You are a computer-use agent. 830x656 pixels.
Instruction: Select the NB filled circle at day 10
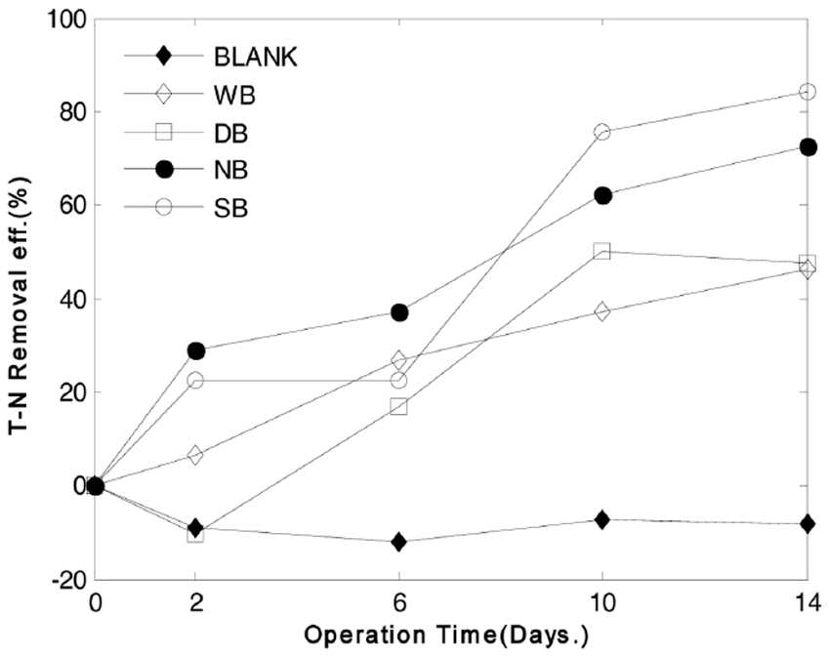602,196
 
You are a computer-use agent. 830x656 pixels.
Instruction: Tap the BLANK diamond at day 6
398,542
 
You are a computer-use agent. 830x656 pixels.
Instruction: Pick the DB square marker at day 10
602,251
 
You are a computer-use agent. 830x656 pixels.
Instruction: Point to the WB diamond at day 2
195,455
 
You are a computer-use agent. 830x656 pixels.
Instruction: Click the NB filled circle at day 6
399,312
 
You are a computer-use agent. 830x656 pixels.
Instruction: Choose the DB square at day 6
398,406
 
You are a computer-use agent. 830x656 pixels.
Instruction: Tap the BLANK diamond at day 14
808,523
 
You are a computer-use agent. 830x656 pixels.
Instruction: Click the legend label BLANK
256,58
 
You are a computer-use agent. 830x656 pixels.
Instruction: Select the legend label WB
234,96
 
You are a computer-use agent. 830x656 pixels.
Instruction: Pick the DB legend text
230,134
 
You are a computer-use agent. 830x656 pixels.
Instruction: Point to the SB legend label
230,208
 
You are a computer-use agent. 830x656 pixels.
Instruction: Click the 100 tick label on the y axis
67,20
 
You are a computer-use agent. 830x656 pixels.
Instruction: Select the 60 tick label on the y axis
74,205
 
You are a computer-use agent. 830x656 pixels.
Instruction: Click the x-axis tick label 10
602,602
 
